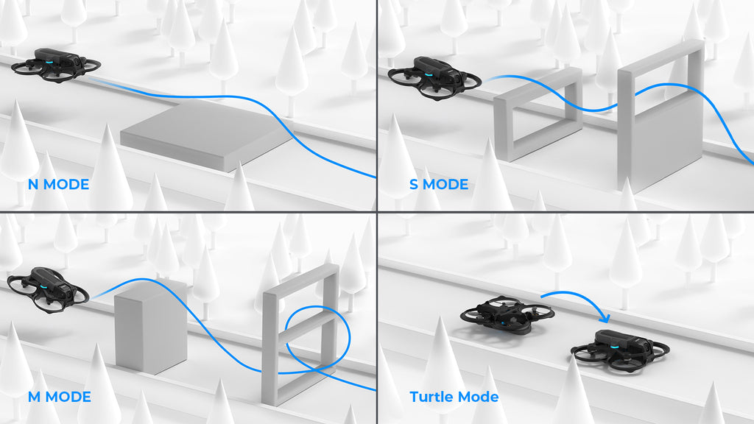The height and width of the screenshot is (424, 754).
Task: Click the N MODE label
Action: [x=58, y=184]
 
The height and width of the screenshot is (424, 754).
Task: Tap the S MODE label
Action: [x=439, y=184]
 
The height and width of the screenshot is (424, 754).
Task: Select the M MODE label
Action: [x=59, y=397]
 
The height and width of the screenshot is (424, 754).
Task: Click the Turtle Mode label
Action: [x=454, y=397]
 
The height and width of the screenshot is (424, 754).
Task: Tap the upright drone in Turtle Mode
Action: [x=621, y=348]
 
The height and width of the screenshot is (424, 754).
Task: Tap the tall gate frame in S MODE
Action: [x=661, y=118]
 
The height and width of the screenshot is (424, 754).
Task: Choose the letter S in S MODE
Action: [x=414, y=184]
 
